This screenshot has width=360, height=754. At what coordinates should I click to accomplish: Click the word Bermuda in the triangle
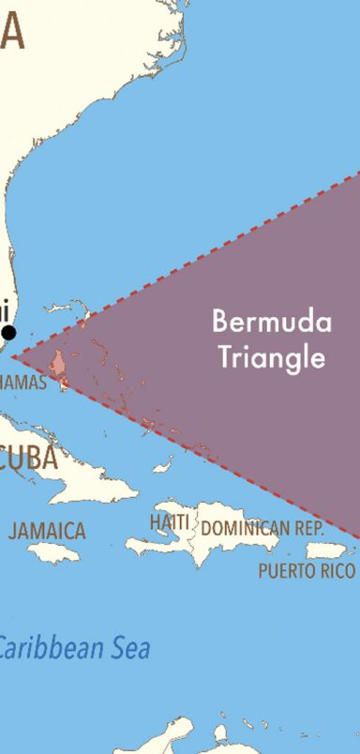point(271,323)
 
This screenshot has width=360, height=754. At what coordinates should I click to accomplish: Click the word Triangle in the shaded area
point(271,356)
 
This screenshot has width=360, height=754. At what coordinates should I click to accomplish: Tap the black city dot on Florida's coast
point(9,332)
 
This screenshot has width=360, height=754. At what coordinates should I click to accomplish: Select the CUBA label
point(29,460)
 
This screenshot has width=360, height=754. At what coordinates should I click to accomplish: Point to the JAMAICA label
point(47,531)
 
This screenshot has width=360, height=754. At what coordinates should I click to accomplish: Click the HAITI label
point(170,520)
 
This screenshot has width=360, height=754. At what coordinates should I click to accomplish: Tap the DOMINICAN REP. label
point(262,528)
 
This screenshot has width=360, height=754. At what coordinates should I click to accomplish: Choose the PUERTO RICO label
point(307,571)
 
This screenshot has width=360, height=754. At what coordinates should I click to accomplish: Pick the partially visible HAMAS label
point(22,383)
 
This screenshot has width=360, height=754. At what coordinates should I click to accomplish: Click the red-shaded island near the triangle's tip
point(58,364)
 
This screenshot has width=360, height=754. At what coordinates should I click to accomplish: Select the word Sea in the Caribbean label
point(131,648)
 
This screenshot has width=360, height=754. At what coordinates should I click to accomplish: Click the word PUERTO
point(285,571)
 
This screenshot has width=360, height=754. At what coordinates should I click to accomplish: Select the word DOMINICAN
point(245,528)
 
